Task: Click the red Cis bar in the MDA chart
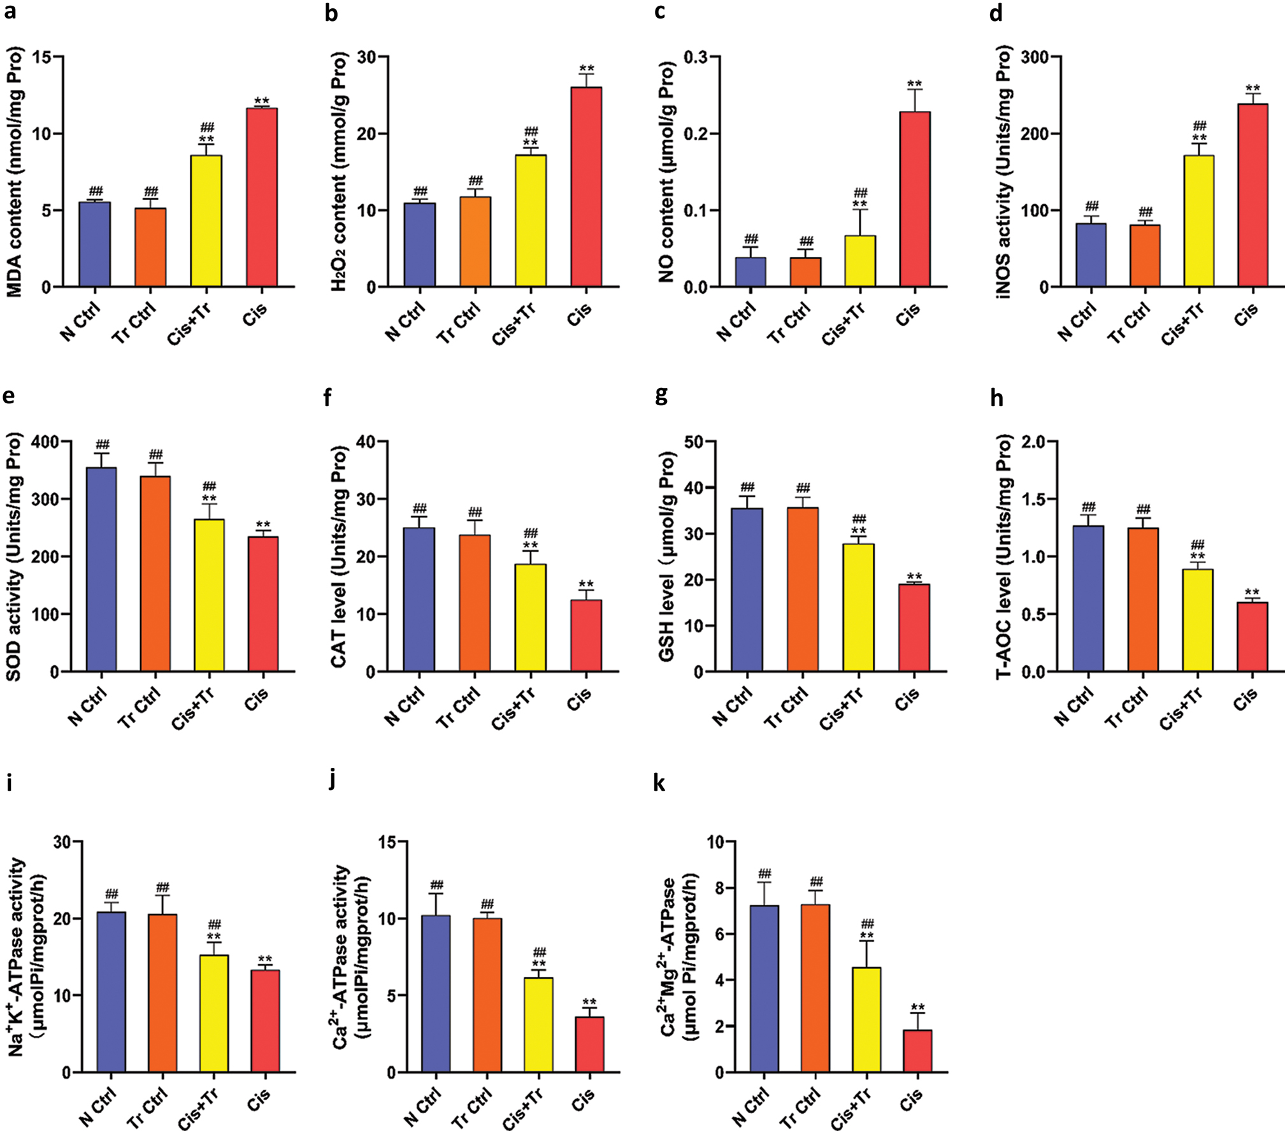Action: (x=262, y=198)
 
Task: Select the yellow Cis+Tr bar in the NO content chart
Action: (x=860, y=261)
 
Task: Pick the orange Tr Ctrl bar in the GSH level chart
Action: (x=803, y=589)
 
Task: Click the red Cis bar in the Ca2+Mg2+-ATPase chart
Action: (x=917, y=1051)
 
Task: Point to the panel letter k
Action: (x=659, y=783)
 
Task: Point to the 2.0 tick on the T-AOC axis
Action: (x=1037, y=442)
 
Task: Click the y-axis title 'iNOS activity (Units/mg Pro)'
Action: (x=1005, y=172)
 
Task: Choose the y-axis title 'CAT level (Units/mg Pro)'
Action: (x=338, y=556)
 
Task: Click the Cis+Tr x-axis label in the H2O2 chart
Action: (x=513, y=324)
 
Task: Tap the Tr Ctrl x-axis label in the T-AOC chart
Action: (x=1128, y=708)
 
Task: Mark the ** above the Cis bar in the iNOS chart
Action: (x=1253, y=89)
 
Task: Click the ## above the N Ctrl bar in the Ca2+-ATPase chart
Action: (x=436, y=885)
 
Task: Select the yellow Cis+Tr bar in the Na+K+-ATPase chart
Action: (x=214, y=1013)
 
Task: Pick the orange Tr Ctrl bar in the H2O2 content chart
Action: (x=475, y=242)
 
